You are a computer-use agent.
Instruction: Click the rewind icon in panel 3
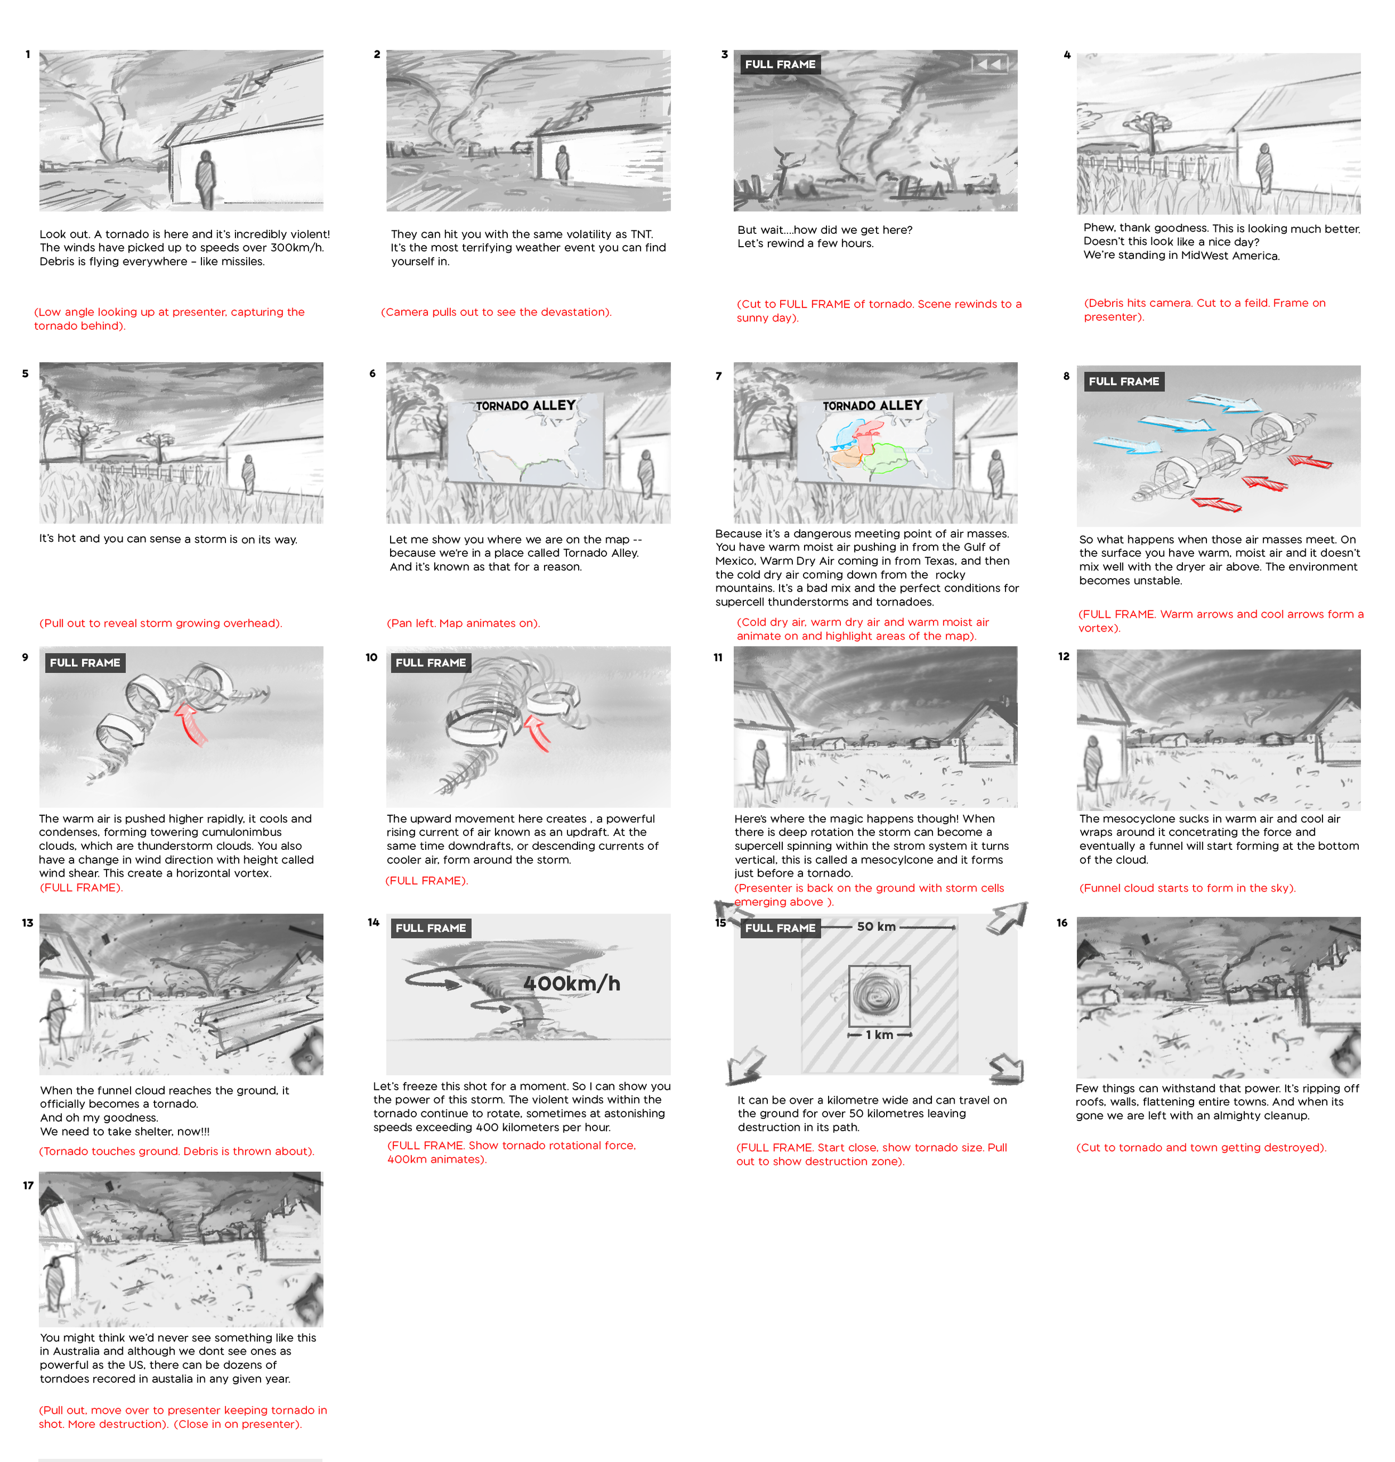(989, 65)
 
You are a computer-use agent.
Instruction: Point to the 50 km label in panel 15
(876, 926)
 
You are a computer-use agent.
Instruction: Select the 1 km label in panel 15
(879, 1035)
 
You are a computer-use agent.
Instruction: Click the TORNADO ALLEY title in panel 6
(526, 405)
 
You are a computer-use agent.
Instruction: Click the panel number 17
(28, 1185)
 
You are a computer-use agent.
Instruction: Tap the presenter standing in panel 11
(761, 764)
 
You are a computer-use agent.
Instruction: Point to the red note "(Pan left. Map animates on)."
(463, 623)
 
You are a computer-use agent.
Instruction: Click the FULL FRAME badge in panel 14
(431, 928)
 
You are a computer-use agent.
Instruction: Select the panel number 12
(1064, 657)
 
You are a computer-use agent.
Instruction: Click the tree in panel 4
(1151, 132)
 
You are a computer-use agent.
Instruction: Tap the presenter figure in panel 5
(248, 474)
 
